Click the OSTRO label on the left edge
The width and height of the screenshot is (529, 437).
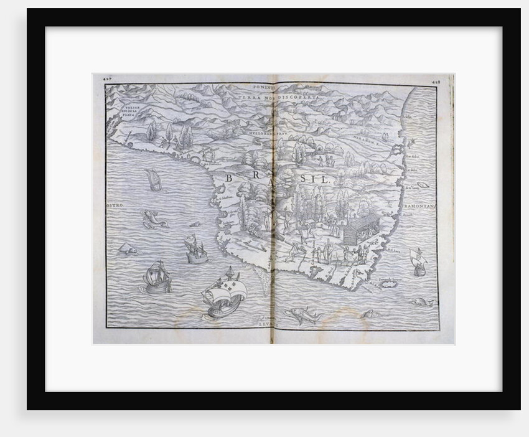click(116, 204)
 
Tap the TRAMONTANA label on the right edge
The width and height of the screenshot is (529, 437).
click(423, 205)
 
